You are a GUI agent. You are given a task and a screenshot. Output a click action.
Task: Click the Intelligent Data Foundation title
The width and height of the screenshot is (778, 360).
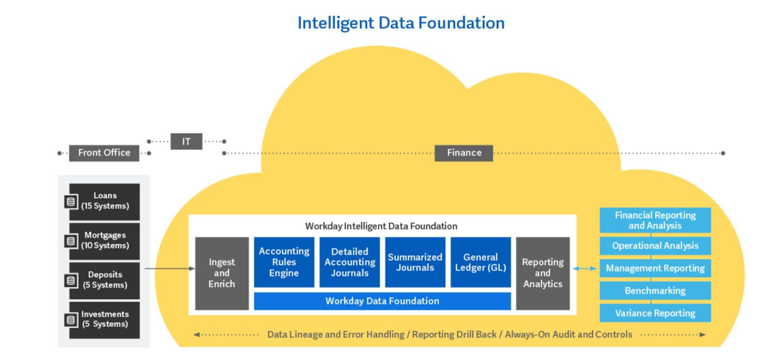(401, 23)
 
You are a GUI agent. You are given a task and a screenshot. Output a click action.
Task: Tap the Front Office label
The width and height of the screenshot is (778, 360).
(104, 153)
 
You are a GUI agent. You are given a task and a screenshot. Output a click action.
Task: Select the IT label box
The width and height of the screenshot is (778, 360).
(186, 142)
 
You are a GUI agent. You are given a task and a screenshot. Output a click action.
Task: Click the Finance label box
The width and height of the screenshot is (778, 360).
(464, 153)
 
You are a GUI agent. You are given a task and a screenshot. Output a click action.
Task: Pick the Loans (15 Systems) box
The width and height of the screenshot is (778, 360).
(105, 201)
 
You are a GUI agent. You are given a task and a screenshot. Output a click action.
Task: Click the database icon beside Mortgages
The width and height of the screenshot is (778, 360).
(71, 241)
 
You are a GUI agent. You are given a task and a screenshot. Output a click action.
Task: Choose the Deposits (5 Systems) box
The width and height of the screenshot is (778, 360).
(105, 280)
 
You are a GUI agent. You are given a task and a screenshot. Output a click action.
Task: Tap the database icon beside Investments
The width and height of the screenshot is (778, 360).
(71, 320)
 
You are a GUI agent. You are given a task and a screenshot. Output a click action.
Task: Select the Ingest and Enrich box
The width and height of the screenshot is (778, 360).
(222, 273)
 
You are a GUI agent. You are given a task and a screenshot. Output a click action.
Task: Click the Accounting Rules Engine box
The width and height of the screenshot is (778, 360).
(284, 262)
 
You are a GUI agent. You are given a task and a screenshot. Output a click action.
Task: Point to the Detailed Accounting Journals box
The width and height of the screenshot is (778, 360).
(350, 262)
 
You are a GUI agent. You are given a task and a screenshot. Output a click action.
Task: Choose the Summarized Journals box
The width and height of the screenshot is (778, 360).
(415, 262)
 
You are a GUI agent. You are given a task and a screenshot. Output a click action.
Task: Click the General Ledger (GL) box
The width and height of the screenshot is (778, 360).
(481, 262)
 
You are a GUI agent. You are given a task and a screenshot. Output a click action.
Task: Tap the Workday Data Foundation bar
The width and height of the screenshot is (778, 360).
(382, 301)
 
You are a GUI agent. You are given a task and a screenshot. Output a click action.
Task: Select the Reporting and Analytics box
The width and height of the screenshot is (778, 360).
(543, 273)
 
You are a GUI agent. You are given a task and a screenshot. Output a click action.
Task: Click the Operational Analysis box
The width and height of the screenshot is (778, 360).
(655, 246)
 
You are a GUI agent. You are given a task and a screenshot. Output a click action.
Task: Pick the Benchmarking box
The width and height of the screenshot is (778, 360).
(655, 290)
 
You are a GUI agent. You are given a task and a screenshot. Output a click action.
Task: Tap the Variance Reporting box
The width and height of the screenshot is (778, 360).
(655, 313)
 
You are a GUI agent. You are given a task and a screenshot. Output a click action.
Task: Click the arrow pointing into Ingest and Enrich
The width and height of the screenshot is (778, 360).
(170, 268)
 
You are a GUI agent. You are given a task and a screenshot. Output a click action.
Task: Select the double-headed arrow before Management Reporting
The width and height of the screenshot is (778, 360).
(584, 268)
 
